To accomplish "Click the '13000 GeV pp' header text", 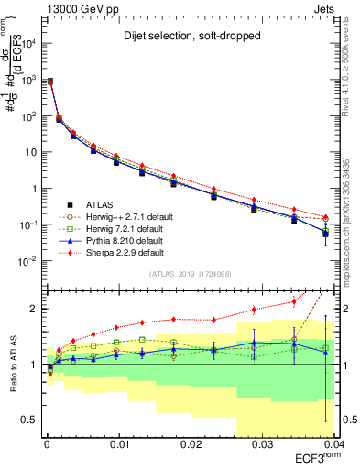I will click(x=75, y=7).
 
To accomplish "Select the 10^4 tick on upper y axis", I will click(x=27, y=43).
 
